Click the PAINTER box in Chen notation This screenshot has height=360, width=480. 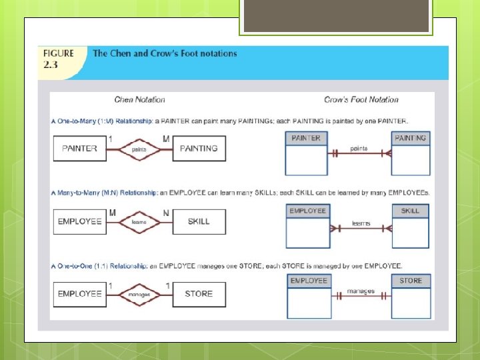[x=79, y=148]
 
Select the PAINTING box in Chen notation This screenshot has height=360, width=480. [x=199, y=148]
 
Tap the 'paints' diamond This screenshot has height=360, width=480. [x=139, y=149]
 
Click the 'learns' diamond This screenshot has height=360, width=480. [x=139, y=222]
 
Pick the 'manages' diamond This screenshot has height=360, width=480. [x=139, y=294]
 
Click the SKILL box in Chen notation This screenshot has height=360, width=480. [x=199, y=221]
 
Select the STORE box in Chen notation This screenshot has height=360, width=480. [x=199, y=293]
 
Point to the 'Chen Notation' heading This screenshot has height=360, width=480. [x=139, y=100]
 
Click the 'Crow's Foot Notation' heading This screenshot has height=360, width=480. [x=361, y=100]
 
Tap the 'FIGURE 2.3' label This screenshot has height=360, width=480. [x=59, y=59]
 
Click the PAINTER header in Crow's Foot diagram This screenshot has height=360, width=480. [x=305, y=138]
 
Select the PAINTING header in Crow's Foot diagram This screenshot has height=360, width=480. [x=410, y=138]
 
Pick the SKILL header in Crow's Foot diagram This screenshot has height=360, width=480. [x=410, y=211]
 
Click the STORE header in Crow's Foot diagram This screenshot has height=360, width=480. [x=411, y=281]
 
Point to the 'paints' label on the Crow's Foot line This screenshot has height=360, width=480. [x=359, y=149]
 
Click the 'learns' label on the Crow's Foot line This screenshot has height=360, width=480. [x=361, y=223]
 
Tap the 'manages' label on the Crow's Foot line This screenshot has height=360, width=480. [x=361, y=291]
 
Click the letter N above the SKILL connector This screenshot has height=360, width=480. [x=167, y=213]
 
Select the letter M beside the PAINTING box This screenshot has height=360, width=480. [x=166, y=139]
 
